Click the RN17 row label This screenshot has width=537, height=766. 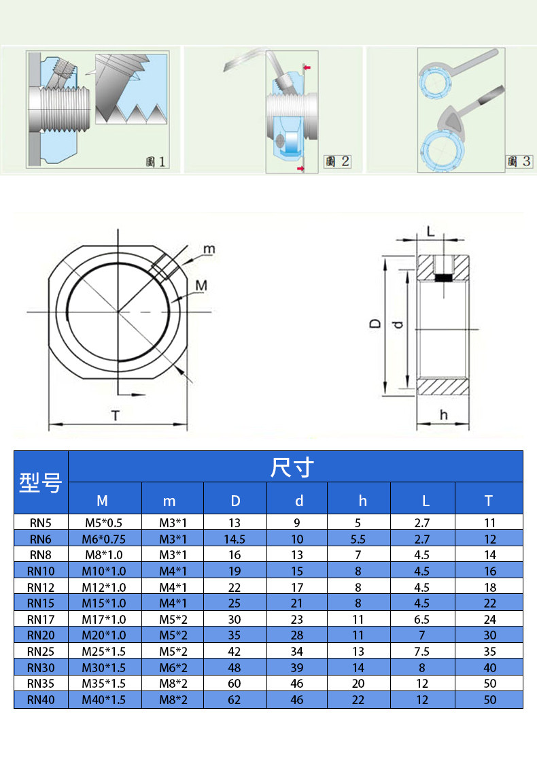coord(41,620)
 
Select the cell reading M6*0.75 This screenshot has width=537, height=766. coord(103,539)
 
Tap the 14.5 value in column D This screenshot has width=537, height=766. coord(235,539)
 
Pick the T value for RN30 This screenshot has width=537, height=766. coord(489,668)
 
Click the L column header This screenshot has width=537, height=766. coord(426,501)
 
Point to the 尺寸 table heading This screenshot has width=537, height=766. coord(292,467)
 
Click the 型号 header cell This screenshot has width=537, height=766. coord(41,482)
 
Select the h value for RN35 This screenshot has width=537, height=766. coord(358,684)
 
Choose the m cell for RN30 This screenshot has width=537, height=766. coord(173,668)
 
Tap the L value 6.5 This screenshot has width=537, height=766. coord(422,620)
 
